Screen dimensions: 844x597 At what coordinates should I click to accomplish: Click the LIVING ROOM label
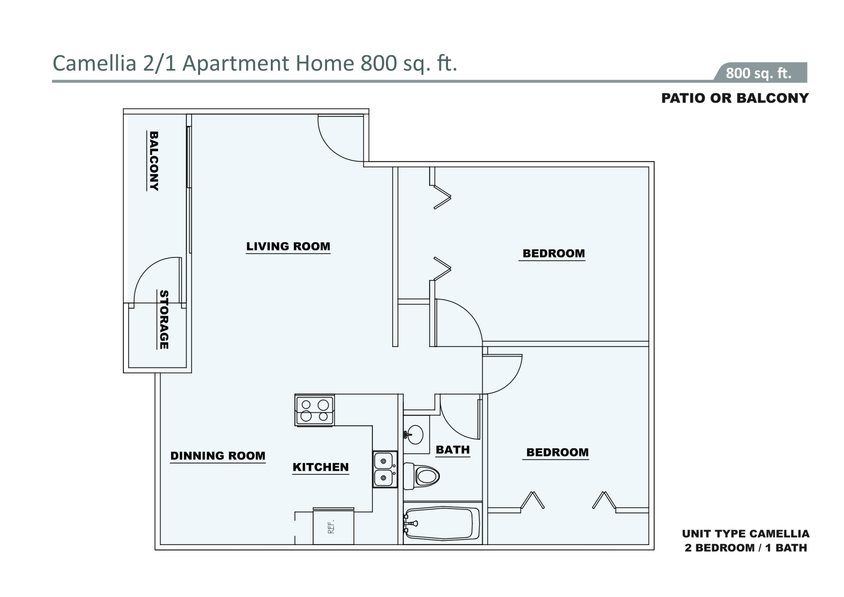coord(288,246)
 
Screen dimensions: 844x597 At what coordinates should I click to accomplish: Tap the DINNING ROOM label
coord(218,456)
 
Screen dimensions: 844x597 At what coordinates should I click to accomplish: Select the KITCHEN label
coord(320,467)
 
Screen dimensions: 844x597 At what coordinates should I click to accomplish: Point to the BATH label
coord(453,450)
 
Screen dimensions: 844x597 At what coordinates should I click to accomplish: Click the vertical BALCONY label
coord(154,160)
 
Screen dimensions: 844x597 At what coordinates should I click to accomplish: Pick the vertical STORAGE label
coord(164,319)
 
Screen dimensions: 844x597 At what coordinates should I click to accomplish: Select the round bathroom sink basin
coord(414,435)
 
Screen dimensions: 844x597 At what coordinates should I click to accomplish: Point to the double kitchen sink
coord(385,469)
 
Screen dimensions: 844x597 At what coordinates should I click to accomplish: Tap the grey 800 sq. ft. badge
coord(760,72)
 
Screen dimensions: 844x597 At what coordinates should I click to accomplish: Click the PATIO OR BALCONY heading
coord(735,98)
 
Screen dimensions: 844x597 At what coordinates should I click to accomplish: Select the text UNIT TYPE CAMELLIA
coord(746,534)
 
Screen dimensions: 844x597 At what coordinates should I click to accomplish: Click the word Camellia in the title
coord(95,63)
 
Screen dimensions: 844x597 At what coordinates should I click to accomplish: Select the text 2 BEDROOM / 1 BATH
coord(746,548)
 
